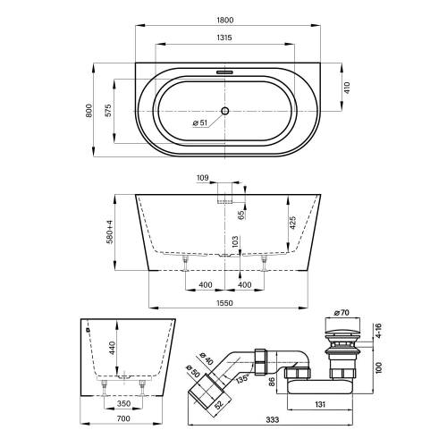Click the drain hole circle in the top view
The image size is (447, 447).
point(223,111)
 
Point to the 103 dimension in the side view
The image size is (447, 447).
point(236,241)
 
